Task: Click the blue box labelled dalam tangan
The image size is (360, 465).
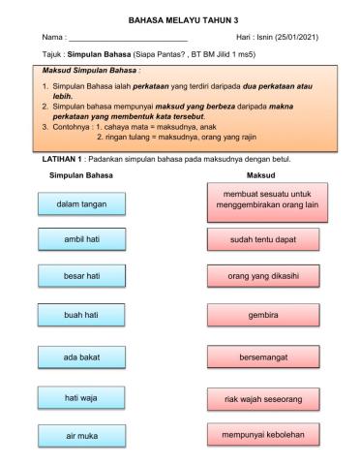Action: (x=81, y=204)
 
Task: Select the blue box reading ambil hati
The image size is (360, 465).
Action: (x=81, y=239)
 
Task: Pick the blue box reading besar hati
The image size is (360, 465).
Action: (x=81, y=276)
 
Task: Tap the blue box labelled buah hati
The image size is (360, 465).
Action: (x=81, y=316)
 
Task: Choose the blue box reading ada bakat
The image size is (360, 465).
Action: (x=81, y=357)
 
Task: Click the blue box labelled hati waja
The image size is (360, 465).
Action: (x=81, y=397)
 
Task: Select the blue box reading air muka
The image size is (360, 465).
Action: (x=81, y=436)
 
